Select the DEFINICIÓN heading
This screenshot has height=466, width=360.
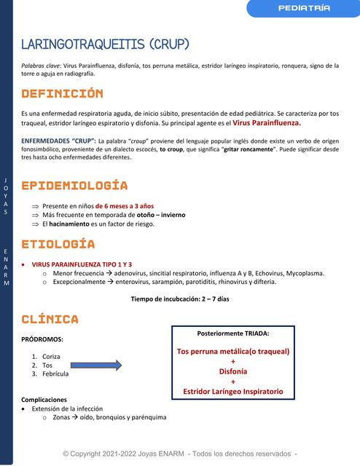[x=62, y=94]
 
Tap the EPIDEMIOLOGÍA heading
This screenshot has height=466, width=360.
[x=74, y=186]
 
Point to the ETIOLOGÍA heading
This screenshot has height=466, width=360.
[x=58, y=243]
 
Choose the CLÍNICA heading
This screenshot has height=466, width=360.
[x=50, y=319]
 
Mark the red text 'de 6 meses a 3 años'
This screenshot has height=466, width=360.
[x=125, y=206]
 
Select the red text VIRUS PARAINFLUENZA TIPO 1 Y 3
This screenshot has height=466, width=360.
[x=82, y=264]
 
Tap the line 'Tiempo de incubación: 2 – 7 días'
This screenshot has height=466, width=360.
[x=180, y=299]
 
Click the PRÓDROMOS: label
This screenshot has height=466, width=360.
[x=42, y=339]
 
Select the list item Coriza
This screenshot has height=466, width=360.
[x=51, y=355]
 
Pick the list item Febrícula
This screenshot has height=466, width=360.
[x=55, y=374]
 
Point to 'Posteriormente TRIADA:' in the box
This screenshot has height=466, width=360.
[x=233, y=333]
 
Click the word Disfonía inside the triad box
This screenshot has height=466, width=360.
[x=233, y=371]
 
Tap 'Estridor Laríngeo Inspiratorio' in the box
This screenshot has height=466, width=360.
[x=233, y=391]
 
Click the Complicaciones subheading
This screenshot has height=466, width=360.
[x=44, y=399]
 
